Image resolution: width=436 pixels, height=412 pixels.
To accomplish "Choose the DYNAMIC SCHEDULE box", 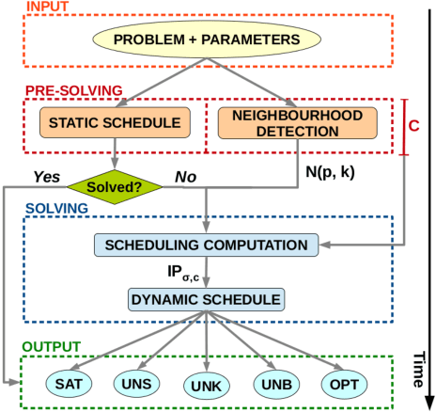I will (x=207, y=299).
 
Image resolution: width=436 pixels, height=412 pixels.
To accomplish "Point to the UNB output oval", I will (x=273, y=384).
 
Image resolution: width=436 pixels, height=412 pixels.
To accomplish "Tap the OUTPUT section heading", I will (x=54, y=346).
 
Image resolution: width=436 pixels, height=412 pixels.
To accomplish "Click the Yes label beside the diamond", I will (x=47, y=176).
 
